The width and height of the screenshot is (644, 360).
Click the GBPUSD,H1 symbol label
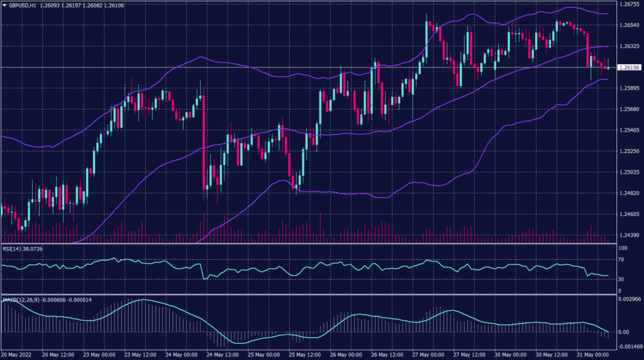tap(22, 4)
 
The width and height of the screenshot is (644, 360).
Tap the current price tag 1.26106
tap(629, 67)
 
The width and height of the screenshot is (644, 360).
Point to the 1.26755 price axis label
tap(629, 4)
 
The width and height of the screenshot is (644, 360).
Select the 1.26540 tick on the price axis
tap(629, 25)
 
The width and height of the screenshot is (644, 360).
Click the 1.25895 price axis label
tap(629, 88)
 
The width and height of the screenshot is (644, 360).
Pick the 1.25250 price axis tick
tap(629, 151)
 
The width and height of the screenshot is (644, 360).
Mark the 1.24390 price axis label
tap(629, 235)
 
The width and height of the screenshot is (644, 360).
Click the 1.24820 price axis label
tap(629, 193)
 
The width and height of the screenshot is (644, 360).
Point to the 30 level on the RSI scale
tap(621, 279)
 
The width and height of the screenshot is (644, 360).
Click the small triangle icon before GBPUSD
tap(4, 4)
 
